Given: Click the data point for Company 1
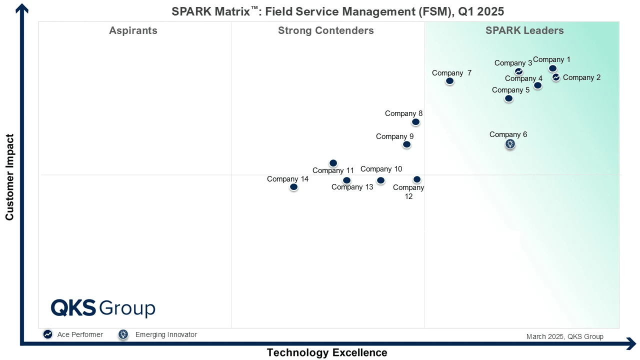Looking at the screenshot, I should pyautogui.click(x=552, y=68).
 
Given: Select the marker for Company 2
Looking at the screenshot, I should pyautogui.click(x=556, y=77).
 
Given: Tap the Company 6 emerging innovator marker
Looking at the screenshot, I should pyautogui.click(x=510, y=144).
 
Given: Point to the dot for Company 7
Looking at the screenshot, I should pyautogui.click(x=450, y=81).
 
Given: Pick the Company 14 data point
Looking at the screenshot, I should pyautogui.click(x=294, y=187).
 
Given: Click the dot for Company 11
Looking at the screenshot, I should pyautogui.click(x=333, y=163).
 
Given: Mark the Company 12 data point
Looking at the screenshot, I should pyautogui.click(x=417, y=179).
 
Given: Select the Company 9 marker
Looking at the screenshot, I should pyautogui.click(x=407, y=144).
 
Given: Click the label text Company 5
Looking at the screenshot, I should pyautogui.click(x=510, y=90).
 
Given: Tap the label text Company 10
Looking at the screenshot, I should pyautogui.click(x=381, y=169).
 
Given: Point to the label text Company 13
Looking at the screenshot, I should pyautogui.click(x=352, y=187).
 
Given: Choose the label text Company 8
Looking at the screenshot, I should pyautogui.click(x=403, y=113).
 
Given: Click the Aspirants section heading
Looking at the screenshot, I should pyautogui.click(x=133, y=30).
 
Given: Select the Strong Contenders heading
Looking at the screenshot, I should pyautogui.click(x=326, y=30).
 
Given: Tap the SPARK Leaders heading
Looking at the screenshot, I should pyautogui.click(x=524, y=30).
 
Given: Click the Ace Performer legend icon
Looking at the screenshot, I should pyautogui.click(x=48, y=334).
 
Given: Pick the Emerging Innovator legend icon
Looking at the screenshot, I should pyautogui.click(x=123, y=334).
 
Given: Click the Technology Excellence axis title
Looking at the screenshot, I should pyautogui.click(x=327, y=352).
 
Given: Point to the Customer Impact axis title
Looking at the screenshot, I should pyautogui.click(x=9, y=177).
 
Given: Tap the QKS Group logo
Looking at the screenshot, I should pyautogui.click(x=103, y=308).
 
